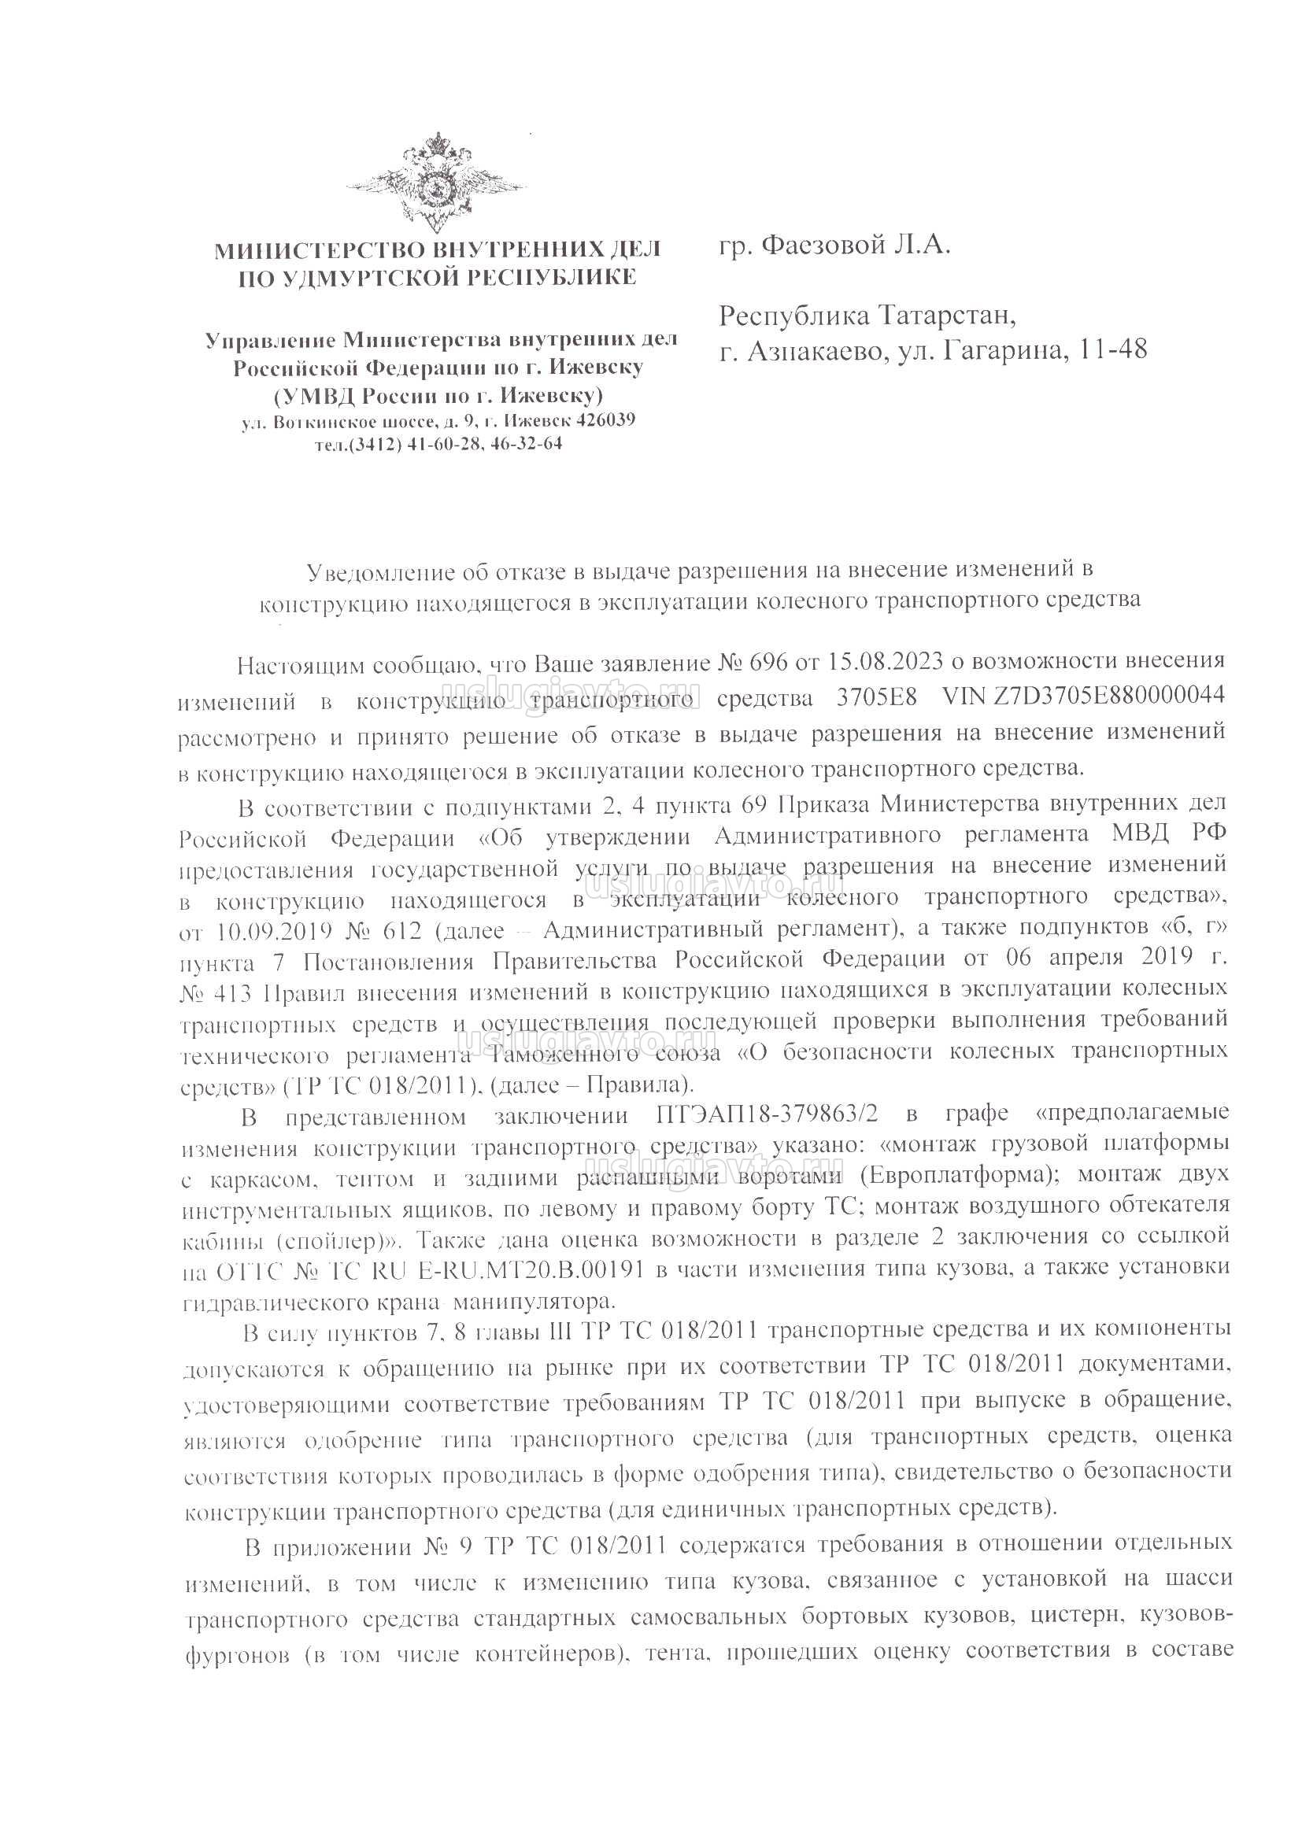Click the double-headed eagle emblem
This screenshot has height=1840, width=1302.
(437, 183)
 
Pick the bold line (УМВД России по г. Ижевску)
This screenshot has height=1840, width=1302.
(438, 396)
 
